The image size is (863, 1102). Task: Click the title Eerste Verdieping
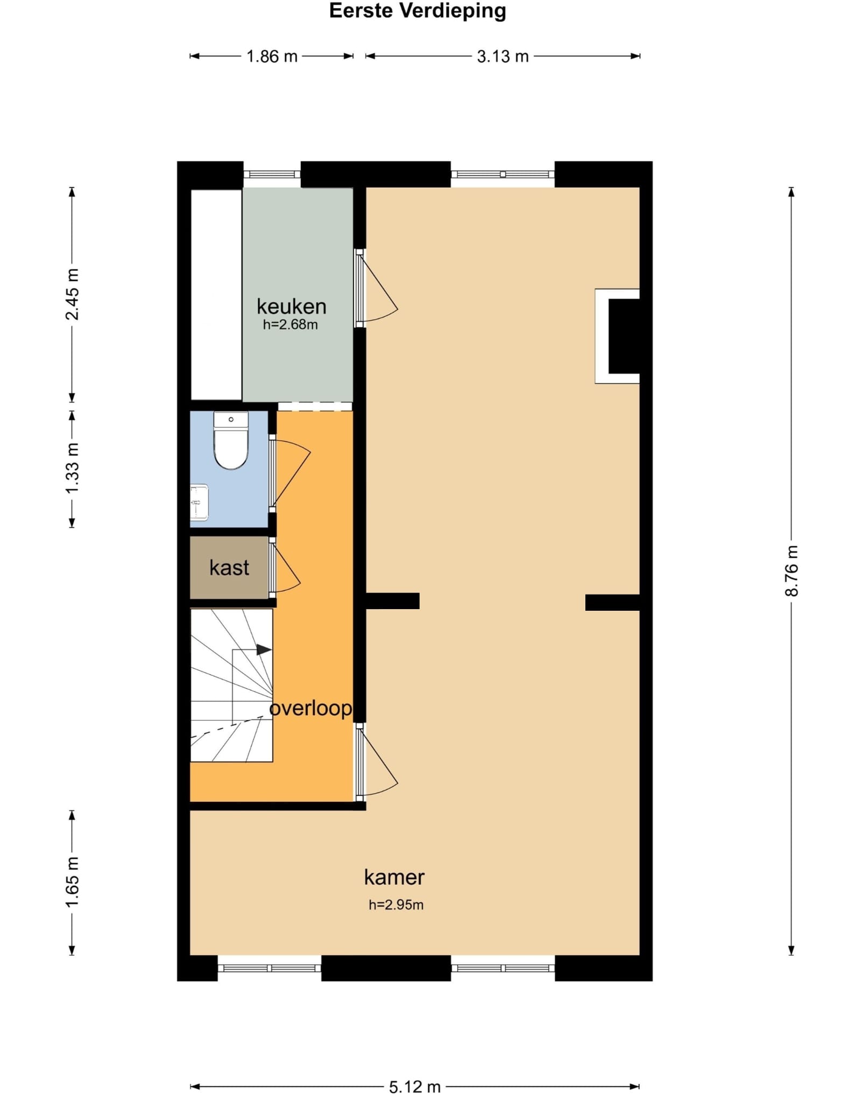point(418,11)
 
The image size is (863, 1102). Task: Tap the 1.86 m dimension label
point(272,56)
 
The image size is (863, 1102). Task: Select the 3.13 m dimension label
point(503,56)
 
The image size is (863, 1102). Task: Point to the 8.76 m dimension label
point(791,570)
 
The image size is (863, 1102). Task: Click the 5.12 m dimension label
point(415,1087)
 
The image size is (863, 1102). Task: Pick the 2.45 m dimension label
point(72,294)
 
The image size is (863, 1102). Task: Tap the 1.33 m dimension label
point(72,468)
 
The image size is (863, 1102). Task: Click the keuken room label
point(292,307)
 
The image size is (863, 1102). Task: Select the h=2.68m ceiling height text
point(291,324)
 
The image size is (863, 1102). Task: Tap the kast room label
point(229,568)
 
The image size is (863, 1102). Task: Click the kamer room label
point(394,878)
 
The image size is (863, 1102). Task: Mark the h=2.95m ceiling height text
point(396,905)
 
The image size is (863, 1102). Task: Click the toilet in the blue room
point(231,440)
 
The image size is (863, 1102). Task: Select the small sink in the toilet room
point(199,503)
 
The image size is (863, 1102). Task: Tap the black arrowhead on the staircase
point(264,649)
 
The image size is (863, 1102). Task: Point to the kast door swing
point(286,568)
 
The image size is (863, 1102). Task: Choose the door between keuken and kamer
point(377,288)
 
